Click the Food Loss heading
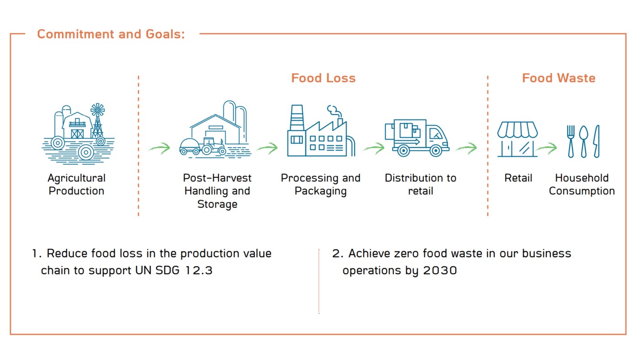click(x=323, y=78)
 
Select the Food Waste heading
click(x=559, y=78)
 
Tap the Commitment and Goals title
click(x=111, y=34)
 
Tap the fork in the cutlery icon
click(x=571, y=141)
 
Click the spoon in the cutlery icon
click(x=583, y=141)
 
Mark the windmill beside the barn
click(x=97, y=120)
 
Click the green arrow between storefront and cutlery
click(x=547, y=148)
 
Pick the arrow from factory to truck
click(x=374, y=148)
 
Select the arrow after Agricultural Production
click(x=159, y=148)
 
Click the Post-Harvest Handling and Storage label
click(x=217, y=191)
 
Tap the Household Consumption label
click(x=581, y=185)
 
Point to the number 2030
click(x=440, y=270)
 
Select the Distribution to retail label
click(x=421, y=185)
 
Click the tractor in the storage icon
click(x=213, y=146)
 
